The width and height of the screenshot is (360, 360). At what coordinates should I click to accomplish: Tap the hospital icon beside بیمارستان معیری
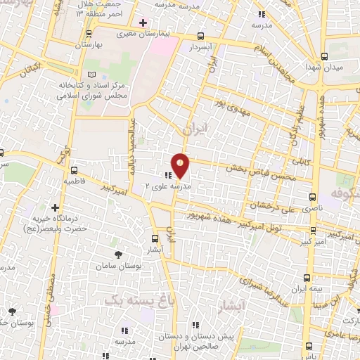point(143,23)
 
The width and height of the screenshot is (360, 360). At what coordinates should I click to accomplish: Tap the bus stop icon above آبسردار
point(202,36)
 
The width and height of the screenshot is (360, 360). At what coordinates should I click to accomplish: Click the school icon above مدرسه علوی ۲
point(169,175)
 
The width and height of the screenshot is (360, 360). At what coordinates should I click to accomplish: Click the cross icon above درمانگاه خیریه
point(56,207)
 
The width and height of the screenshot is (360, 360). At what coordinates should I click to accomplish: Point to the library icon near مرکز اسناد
point(89,74)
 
